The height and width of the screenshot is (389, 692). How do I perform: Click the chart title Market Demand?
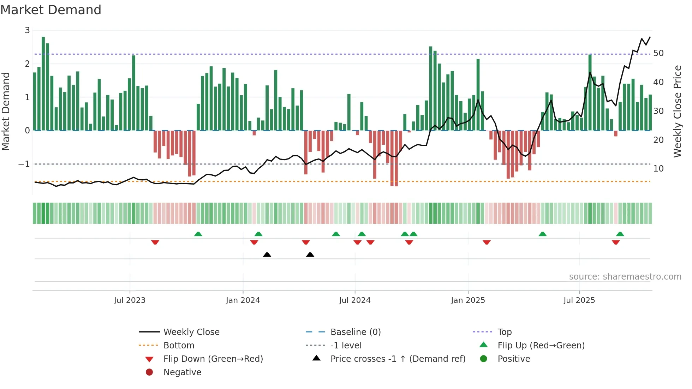tap(51, 10)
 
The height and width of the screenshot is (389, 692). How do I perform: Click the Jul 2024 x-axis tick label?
tap(354, 300)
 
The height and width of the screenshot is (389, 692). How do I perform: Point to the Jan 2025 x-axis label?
tap(468, 300)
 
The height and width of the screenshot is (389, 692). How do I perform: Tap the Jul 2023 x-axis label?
tap(130, 300)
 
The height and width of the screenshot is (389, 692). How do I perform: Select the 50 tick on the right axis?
tap(658, 53)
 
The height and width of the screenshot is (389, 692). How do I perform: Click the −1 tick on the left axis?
tap(24, 164)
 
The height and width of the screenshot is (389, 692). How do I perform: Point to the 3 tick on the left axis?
tap(27, 30)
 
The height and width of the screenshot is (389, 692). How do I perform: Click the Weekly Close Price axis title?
tap(677, 111)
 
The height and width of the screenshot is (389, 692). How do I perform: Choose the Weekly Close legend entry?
tap(191, 332)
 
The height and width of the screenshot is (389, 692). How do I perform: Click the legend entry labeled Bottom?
tap(179, 346)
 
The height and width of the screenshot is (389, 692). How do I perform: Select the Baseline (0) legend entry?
tap(355, 332)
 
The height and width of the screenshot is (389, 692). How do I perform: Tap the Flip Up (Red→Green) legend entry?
tap(541, 346)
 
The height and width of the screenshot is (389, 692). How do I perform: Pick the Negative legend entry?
tap(182, 372)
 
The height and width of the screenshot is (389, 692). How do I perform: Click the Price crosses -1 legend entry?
tap(398, 359)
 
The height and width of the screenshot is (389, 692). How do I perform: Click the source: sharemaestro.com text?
tap(625, 277)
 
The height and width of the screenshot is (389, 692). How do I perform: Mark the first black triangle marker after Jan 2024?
tap(267, 255)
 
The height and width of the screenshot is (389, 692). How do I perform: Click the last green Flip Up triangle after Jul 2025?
tap(620, 234)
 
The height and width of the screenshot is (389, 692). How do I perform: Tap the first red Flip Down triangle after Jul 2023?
tap(155, 242)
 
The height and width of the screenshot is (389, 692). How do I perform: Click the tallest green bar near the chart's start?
tap(43, 83)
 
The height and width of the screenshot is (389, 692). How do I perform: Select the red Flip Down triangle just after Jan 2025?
tap(487, 242)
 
